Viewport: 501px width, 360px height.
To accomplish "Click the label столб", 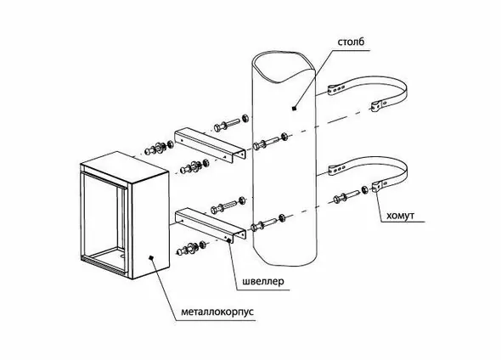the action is point(351,42).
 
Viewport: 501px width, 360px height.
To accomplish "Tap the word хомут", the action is point(400,216).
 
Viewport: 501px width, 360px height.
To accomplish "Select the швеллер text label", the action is point(263,282).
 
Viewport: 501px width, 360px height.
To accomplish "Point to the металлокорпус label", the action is point(217,312).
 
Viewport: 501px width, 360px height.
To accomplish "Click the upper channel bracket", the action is point(210,145).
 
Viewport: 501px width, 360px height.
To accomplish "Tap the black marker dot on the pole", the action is point(295,109).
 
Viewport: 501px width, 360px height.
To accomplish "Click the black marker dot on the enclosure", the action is point(152,258).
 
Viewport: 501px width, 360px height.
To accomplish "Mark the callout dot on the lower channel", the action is point(228,240).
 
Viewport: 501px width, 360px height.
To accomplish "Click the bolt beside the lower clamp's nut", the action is point(346,196).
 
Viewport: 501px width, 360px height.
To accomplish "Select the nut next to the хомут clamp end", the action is point(364,189).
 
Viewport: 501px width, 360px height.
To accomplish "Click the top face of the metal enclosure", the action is point(124,166).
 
